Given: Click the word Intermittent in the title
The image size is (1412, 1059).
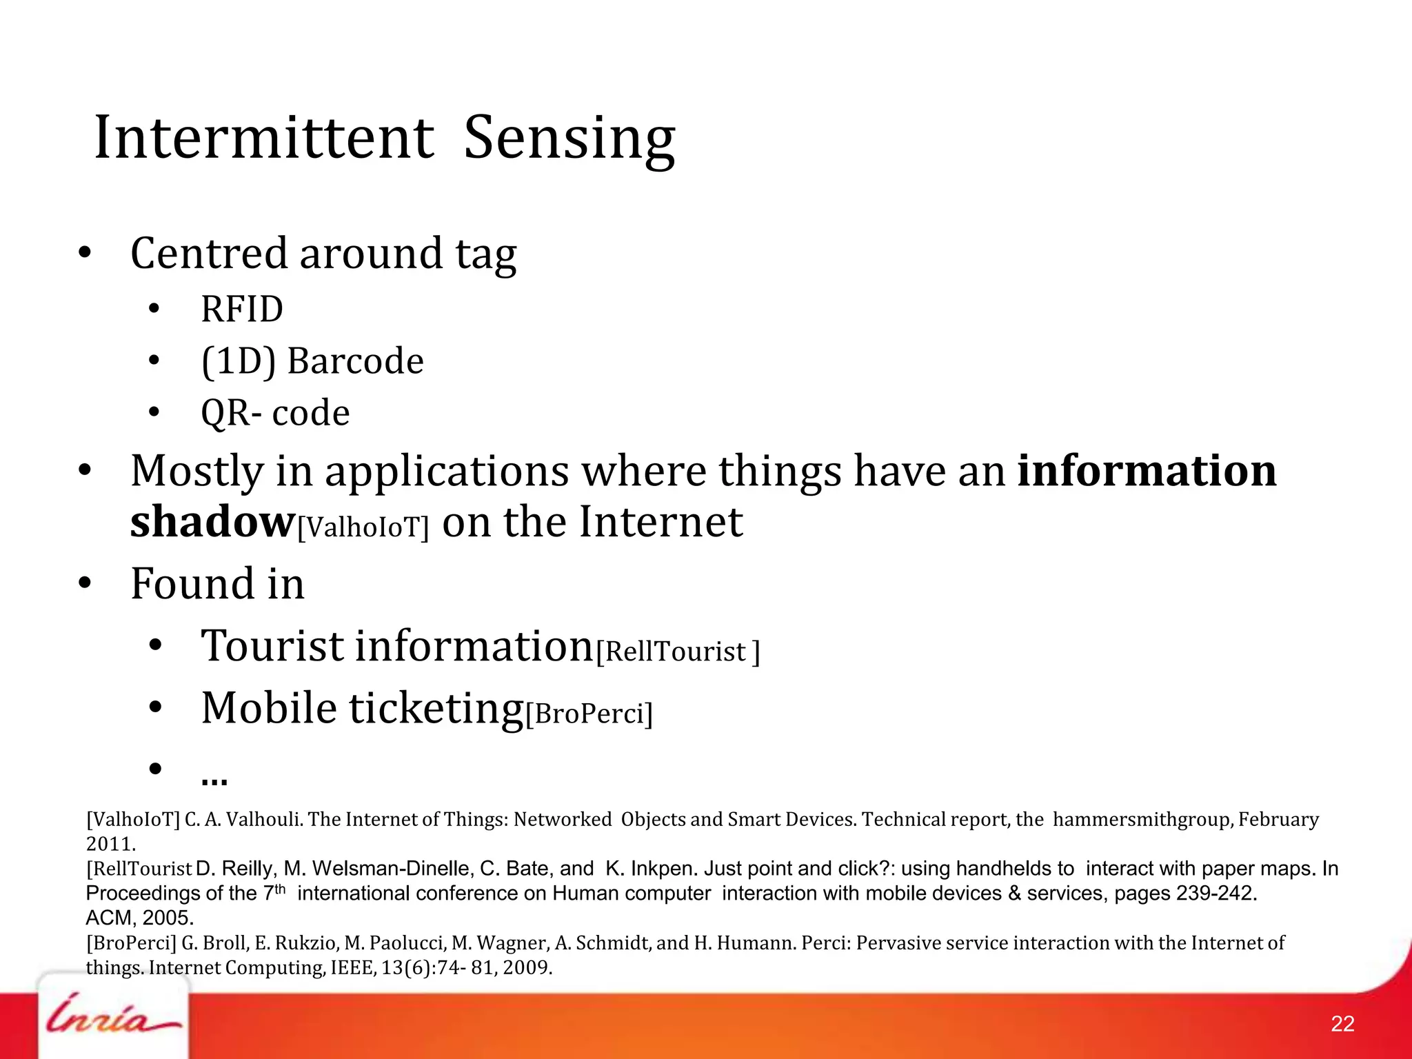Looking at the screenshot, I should point(264,138).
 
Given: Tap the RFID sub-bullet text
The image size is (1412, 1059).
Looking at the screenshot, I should point(242,309).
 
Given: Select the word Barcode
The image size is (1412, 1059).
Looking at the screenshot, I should point(355,361).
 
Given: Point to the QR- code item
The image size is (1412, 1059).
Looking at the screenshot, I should point(275,413).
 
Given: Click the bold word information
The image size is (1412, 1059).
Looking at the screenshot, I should point(1147,471).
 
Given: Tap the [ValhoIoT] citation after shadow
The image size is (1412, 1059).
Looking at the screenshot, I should point(363,527).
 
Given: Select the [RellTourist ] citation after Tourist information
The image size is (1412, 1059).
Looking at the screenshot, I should point(678,652).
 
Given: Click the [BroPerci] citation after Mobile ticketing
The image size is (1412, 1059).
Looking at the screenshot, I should point(589,714).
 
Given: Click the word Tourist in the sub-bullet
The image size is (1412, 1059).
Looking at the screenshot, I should point(272,646).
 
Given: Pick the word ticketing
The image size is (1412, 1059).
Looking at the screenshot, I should point(436,709).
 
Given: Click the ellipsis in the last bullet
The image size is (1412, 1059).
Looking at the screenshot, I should point(214,779).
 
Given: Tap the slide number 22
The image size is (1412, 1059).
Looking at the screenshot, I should point(1342,1024).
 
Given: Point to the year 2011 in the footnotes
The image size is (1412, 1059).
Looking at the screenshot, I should point(109,844).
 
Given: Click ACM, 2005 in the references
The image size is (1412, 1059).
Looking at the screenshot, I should point(139,918).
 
